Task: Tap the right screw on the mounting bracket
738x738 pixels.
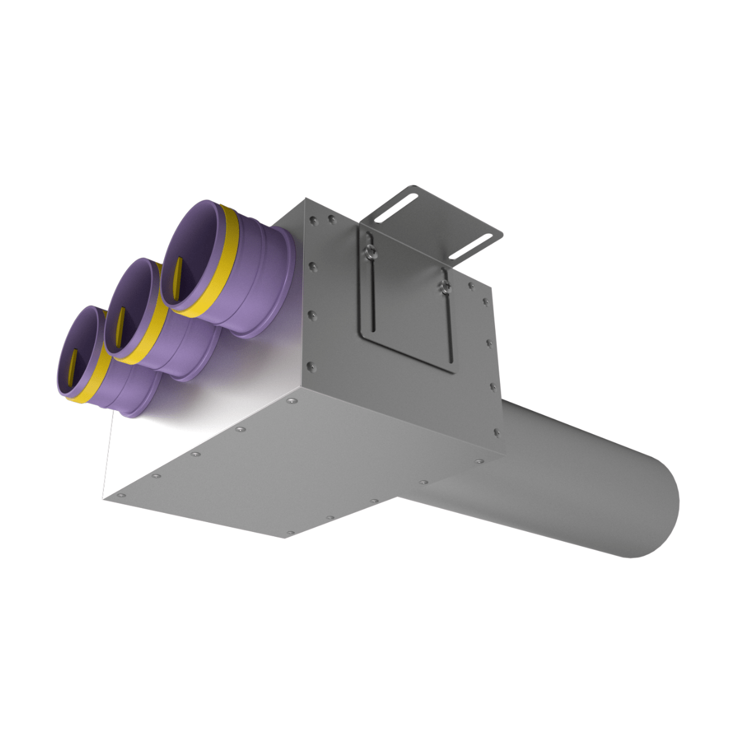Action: [443, 286]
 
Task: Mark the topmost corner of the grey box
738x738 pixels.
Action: [306, 199]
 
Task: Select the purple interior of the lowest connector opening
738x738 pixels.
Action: [86, 344]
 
